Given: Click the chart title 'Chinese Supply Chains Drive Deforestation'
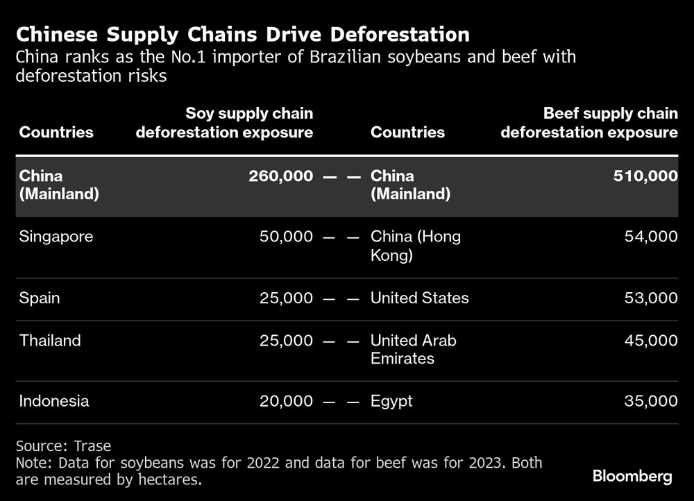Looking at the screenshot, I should click(x=242, y=34).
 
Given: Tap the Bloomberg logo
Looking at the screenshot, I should click(x=632, y=476).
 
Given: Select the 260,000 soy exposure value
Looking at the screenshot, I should click(x=280, y=177).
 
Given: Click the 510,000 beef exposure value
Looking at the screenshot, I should click(x=645, y=177).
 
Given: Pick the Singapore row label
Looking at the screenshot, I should click(x=56, y=237).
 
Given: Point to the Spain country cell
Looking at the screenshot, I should click(x=40, y=298).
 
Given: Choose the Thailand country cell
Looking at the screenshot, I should click(x=50, y=341).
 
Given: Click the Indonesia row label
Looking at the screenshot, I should click(x=54, y=401).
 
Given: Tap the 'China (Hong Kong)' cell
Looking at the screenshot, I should click(x=415, y=246).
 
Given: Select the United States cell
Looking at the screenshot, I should click(x=419, y=298).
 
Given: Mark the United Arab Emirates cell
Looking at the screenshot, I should click(x=413, y=350).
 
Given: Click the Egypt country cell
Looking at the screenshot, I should click(x=391, y=401).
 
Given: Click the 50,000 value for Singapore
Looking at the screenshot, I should click(x=285, y=237).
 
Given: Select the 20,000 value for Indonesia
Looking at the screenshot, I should click(x=285, y=401).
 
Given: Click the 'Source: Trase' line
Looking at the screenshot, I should click(x=63, y=446).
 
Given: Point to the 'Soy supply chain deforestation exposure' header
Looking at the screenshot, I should click(x=224, y=122).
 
